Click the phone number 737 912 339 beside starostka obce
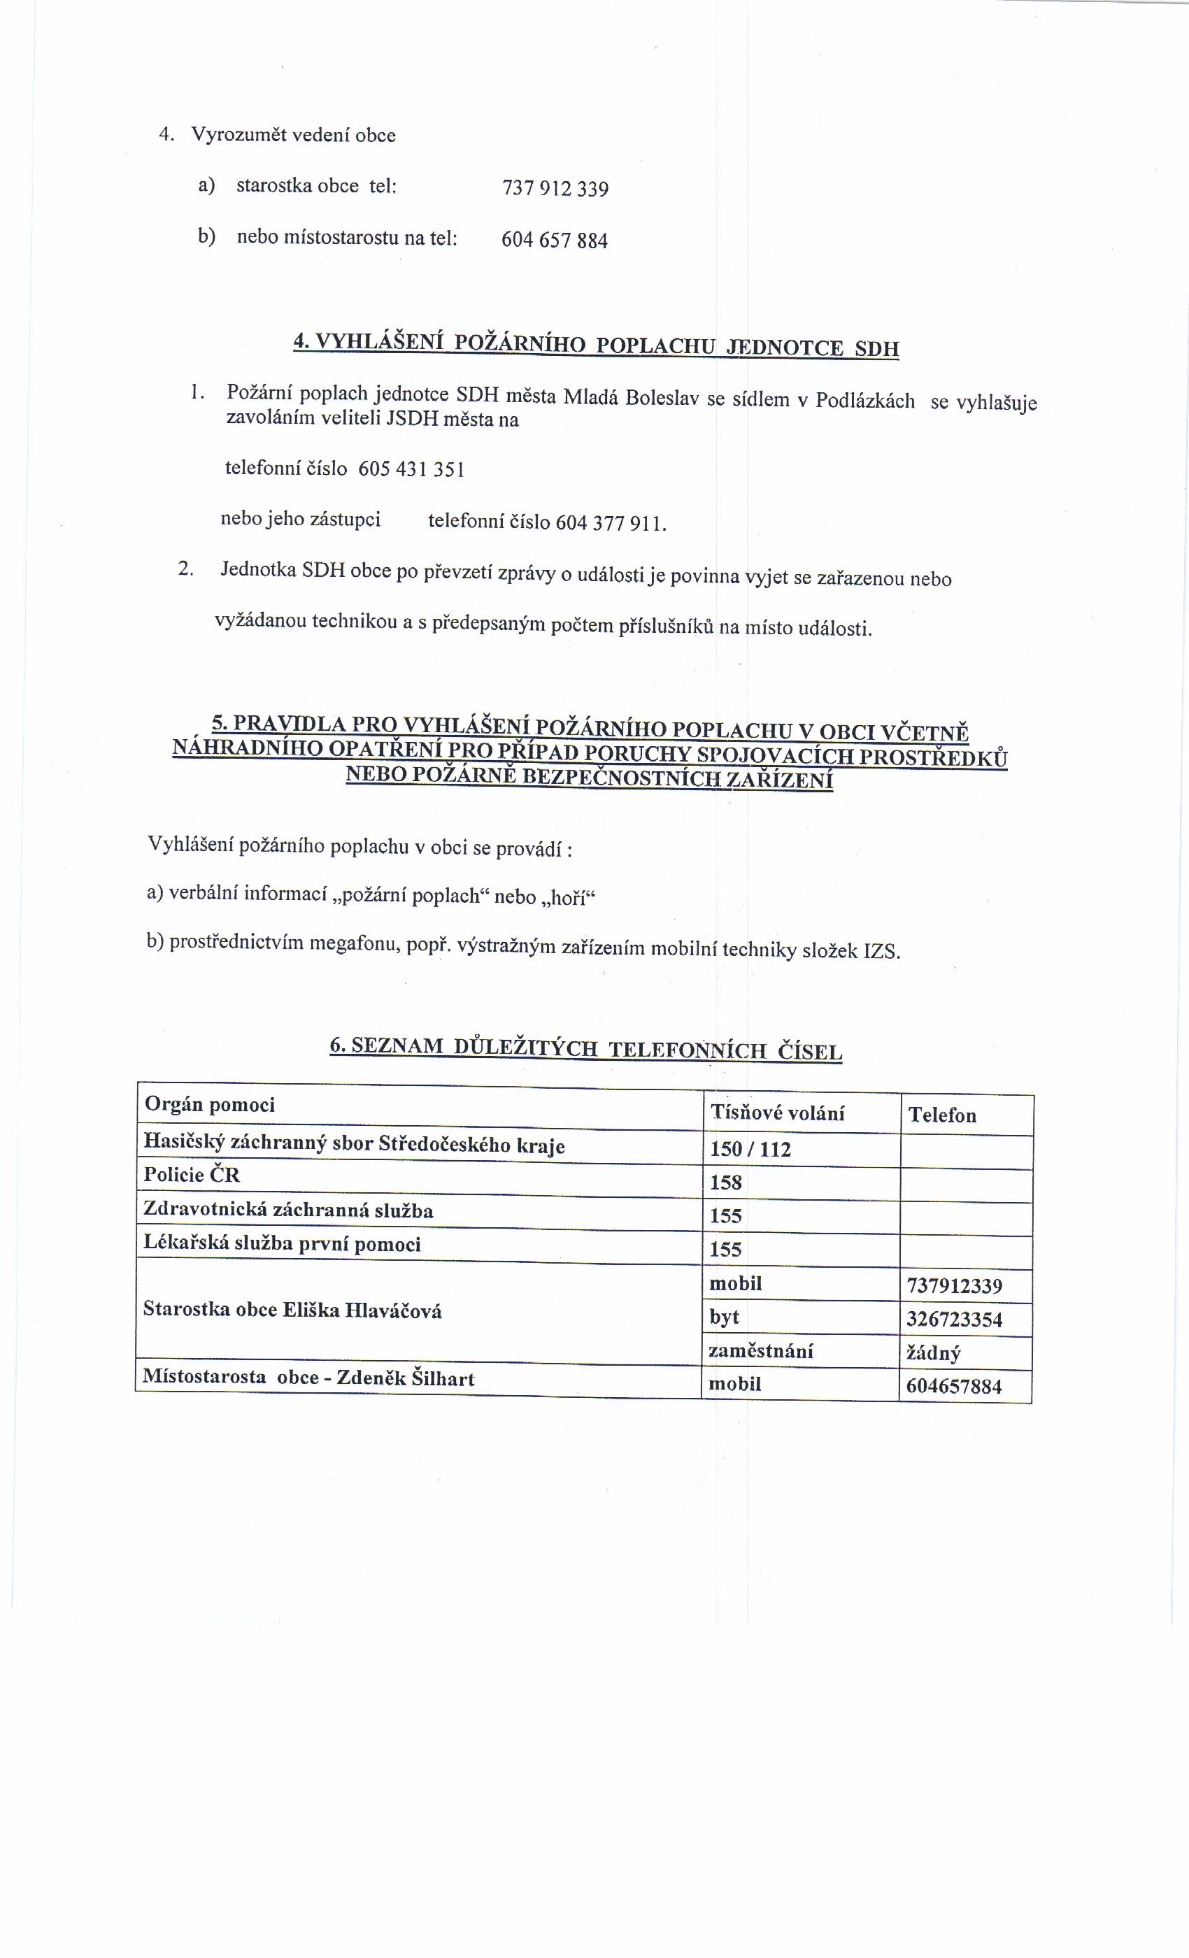555,189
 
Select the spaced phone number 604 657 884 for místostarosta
554,240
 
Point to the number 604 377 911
610,523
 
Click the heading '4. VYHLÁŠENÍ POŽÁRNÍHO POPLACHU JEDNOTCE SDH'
596,345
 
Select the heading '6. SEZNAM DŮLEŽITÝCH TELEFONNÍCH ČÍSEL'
586,1048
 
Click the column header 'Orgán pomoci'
210,1105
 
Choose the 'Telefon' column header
942,1115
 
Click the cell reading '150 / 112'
750,1149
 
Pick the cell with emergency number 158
726,1182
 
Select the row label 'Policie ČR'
192,1175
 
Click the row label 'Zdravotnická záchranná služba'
287,1210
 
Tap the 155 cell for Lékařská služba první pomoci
726,1249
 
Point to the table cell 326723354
954,1320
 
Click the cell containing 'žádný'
933,1353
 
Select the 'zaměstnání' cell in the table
761,1351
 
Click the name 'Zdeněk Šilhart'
406,1378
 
